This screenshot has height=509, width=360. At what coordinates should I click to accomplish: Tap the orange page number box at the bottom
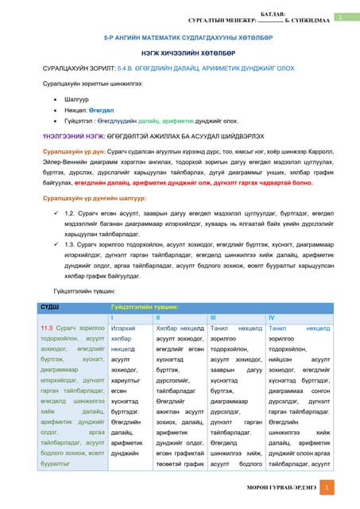(x=332, y=488)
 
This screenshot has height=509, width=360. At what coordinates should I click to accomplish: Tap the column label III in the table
(x=212, y=317)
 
